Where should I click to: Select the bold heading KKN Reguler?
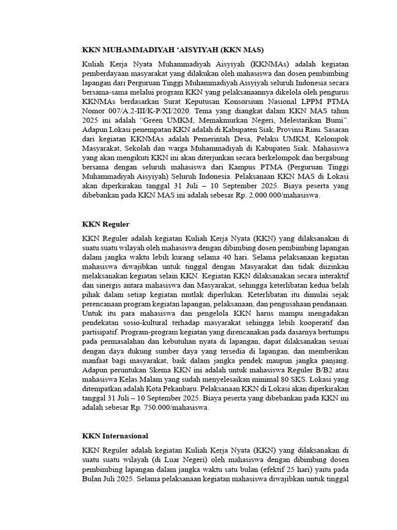105,224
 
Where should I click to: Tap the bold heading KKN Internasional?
115,436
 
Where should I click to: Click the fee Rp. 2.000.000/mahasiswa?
269,196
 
